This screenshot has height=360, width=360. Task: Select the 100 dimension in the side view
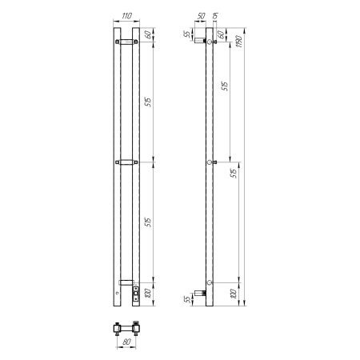click(234, 294)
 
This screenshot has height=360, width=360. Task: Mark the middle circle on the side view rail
click(210, 162)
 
